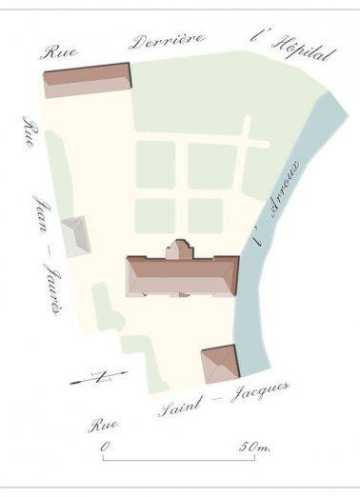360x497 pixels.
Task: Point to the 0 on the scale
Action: [103, 446]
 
